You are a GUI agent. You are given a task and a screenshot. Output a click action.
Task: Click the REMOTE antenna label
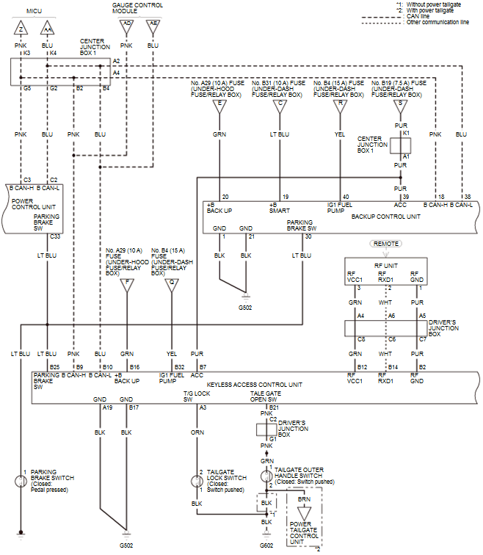(x=387, y=243)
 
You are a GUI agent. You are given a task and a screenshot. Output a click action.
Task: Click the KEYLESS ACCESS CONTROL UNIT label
(x=255, y=384)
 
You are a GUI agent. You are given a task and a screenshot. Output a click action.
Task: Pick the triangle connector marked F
(x=128, y=282)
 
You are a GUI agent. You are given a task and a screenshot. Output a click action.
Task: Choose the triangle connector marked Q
(x=171, y=282)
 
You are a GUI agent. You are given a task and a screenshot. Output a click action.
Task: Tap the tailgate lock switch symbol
(x=197, y=482)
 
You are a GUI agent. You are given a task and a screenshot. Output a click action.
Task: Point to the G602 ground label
(x=266, y=545)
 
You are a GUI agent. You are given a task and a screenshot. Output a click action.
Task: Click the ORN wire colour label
(x=197, y=432)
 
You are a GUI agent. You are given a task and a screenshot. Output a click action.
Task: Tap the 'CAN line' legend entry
(x=417, y=16)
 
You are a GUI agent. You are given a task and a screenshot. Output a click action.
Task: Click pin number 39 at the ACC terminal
(x=405, y=197)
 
